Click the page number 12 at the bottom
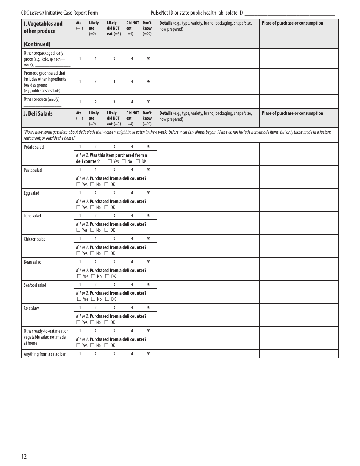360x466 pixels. pyautogui.click(x=24, y=457)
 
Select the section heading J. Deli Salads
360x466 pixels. pyautogui.click(x=38, y=114)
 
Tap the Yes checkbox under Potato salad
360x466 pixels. pyautogui.click(x=110, y=161)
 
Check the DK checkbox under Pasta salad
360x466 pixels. pyautogui.click(x=106, y=185)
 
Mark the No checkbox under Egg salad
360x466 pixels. pyautogui.click(x=92, y=208)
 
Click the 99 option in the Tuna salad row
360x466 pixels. pyautogui.click(x=149, y=216)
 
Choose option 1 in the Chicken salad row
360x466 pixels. pyautogui.click(x=80, y=239)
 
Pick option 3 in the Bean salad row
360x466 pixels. pyautogui.click(x=114, y=262)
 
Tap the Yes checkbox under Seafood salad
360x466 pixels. pyautogui.click(x=79, y=299)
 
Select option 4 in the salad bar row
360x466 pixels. pyautogui.click(x=132, y=354)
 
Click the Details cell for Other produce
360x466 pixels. pyautogui.click(x=208, y=102)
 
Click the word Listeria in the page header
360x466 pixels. pyautogui.click(x=37, y=13)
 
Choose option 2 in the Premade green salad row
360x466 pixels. pyautogui.click(x=95, y=81)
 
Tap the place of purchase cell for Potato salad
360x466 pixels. pyautogui.click(x=299, y=154)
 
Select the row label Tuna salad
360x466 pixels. pyautogui.click(x=32, y=216)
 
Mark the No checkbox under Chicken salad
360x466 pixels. pyautogui.click(x=92, y=253)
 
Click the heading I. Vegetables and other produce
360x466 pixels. pyautogui.click(x=43, y=27)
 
